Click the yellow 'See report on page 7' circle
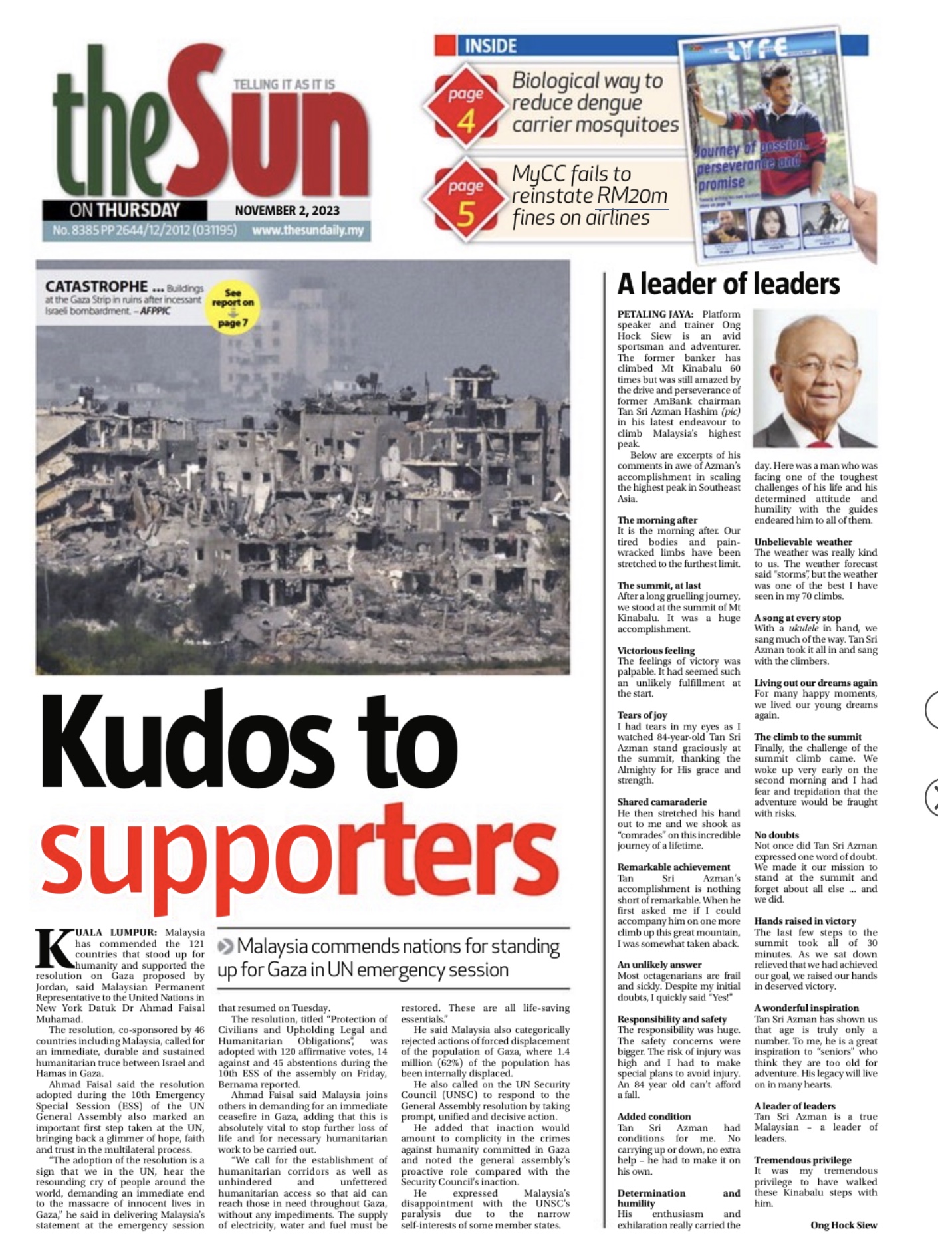pos(232,308)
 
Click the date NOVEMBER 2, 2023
pos(287,211)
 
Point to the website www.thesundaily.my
pos(308,231)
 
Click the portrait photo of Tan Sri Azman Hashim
pos(815,378)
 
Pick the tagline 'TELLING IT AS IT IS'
pos(284,84)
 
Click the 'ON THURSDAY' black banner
pos(125,211)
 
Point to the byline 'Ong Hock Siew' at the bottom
pos(843,1225)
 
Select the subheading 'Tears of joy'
pos(642,715)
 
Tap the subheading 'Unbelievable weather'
pos(802,542)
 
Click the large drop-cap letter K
pos(53,949)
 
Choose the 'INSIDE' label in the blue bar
pos(491,46)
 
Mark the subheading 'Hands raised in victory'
pos(804,921)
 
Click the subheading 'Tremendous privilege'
pos(802,1160)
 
